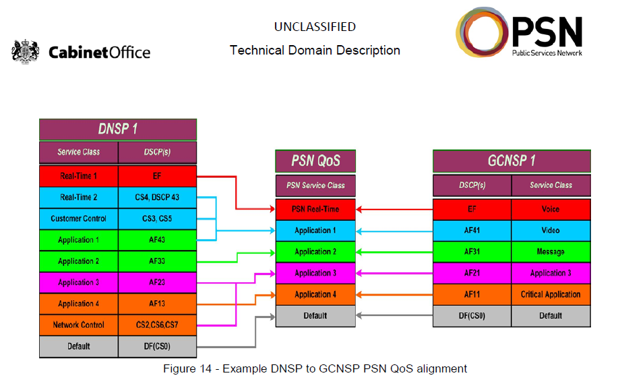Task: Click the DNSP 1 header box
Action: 118,129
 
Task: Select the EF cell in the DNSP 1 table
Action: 157,176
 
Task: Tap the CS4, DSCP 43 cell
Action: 157,197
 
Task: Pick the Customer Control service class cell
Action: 79,218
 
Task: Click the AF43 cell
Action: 157,240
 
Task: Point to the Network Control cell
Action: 79,325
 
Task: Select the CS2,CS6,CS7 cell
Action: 157,325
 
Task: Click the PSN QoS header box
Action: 315,162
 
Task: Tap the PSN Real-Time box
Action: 315,209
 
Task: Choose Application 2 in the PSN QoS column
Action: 315,252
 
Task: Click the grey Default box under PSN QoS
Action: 315,315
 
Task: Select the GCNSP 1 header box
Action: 512,162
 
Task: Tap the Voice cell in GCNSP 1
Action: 551,209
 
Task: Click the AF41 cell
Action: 472,230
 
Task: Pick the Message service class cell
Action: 551,252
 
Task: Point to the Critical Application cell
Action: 551,294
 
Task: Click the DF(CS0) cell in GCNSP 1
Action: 472,315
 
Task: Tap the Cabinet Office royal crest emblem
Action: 26,52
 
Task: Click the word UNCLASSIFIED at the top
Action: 315,27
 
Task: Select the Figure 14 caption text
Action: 315,368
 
